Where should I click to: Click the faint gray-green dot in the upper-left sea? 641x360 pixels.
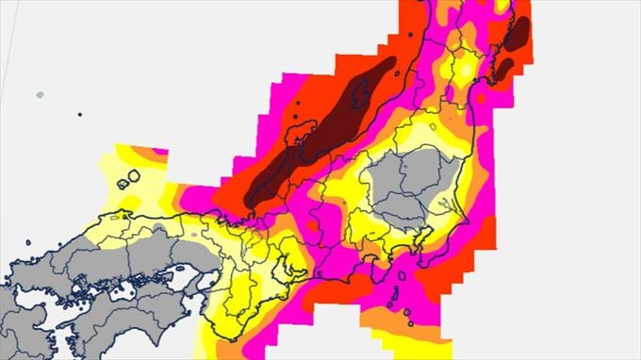tap(39, 95)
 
